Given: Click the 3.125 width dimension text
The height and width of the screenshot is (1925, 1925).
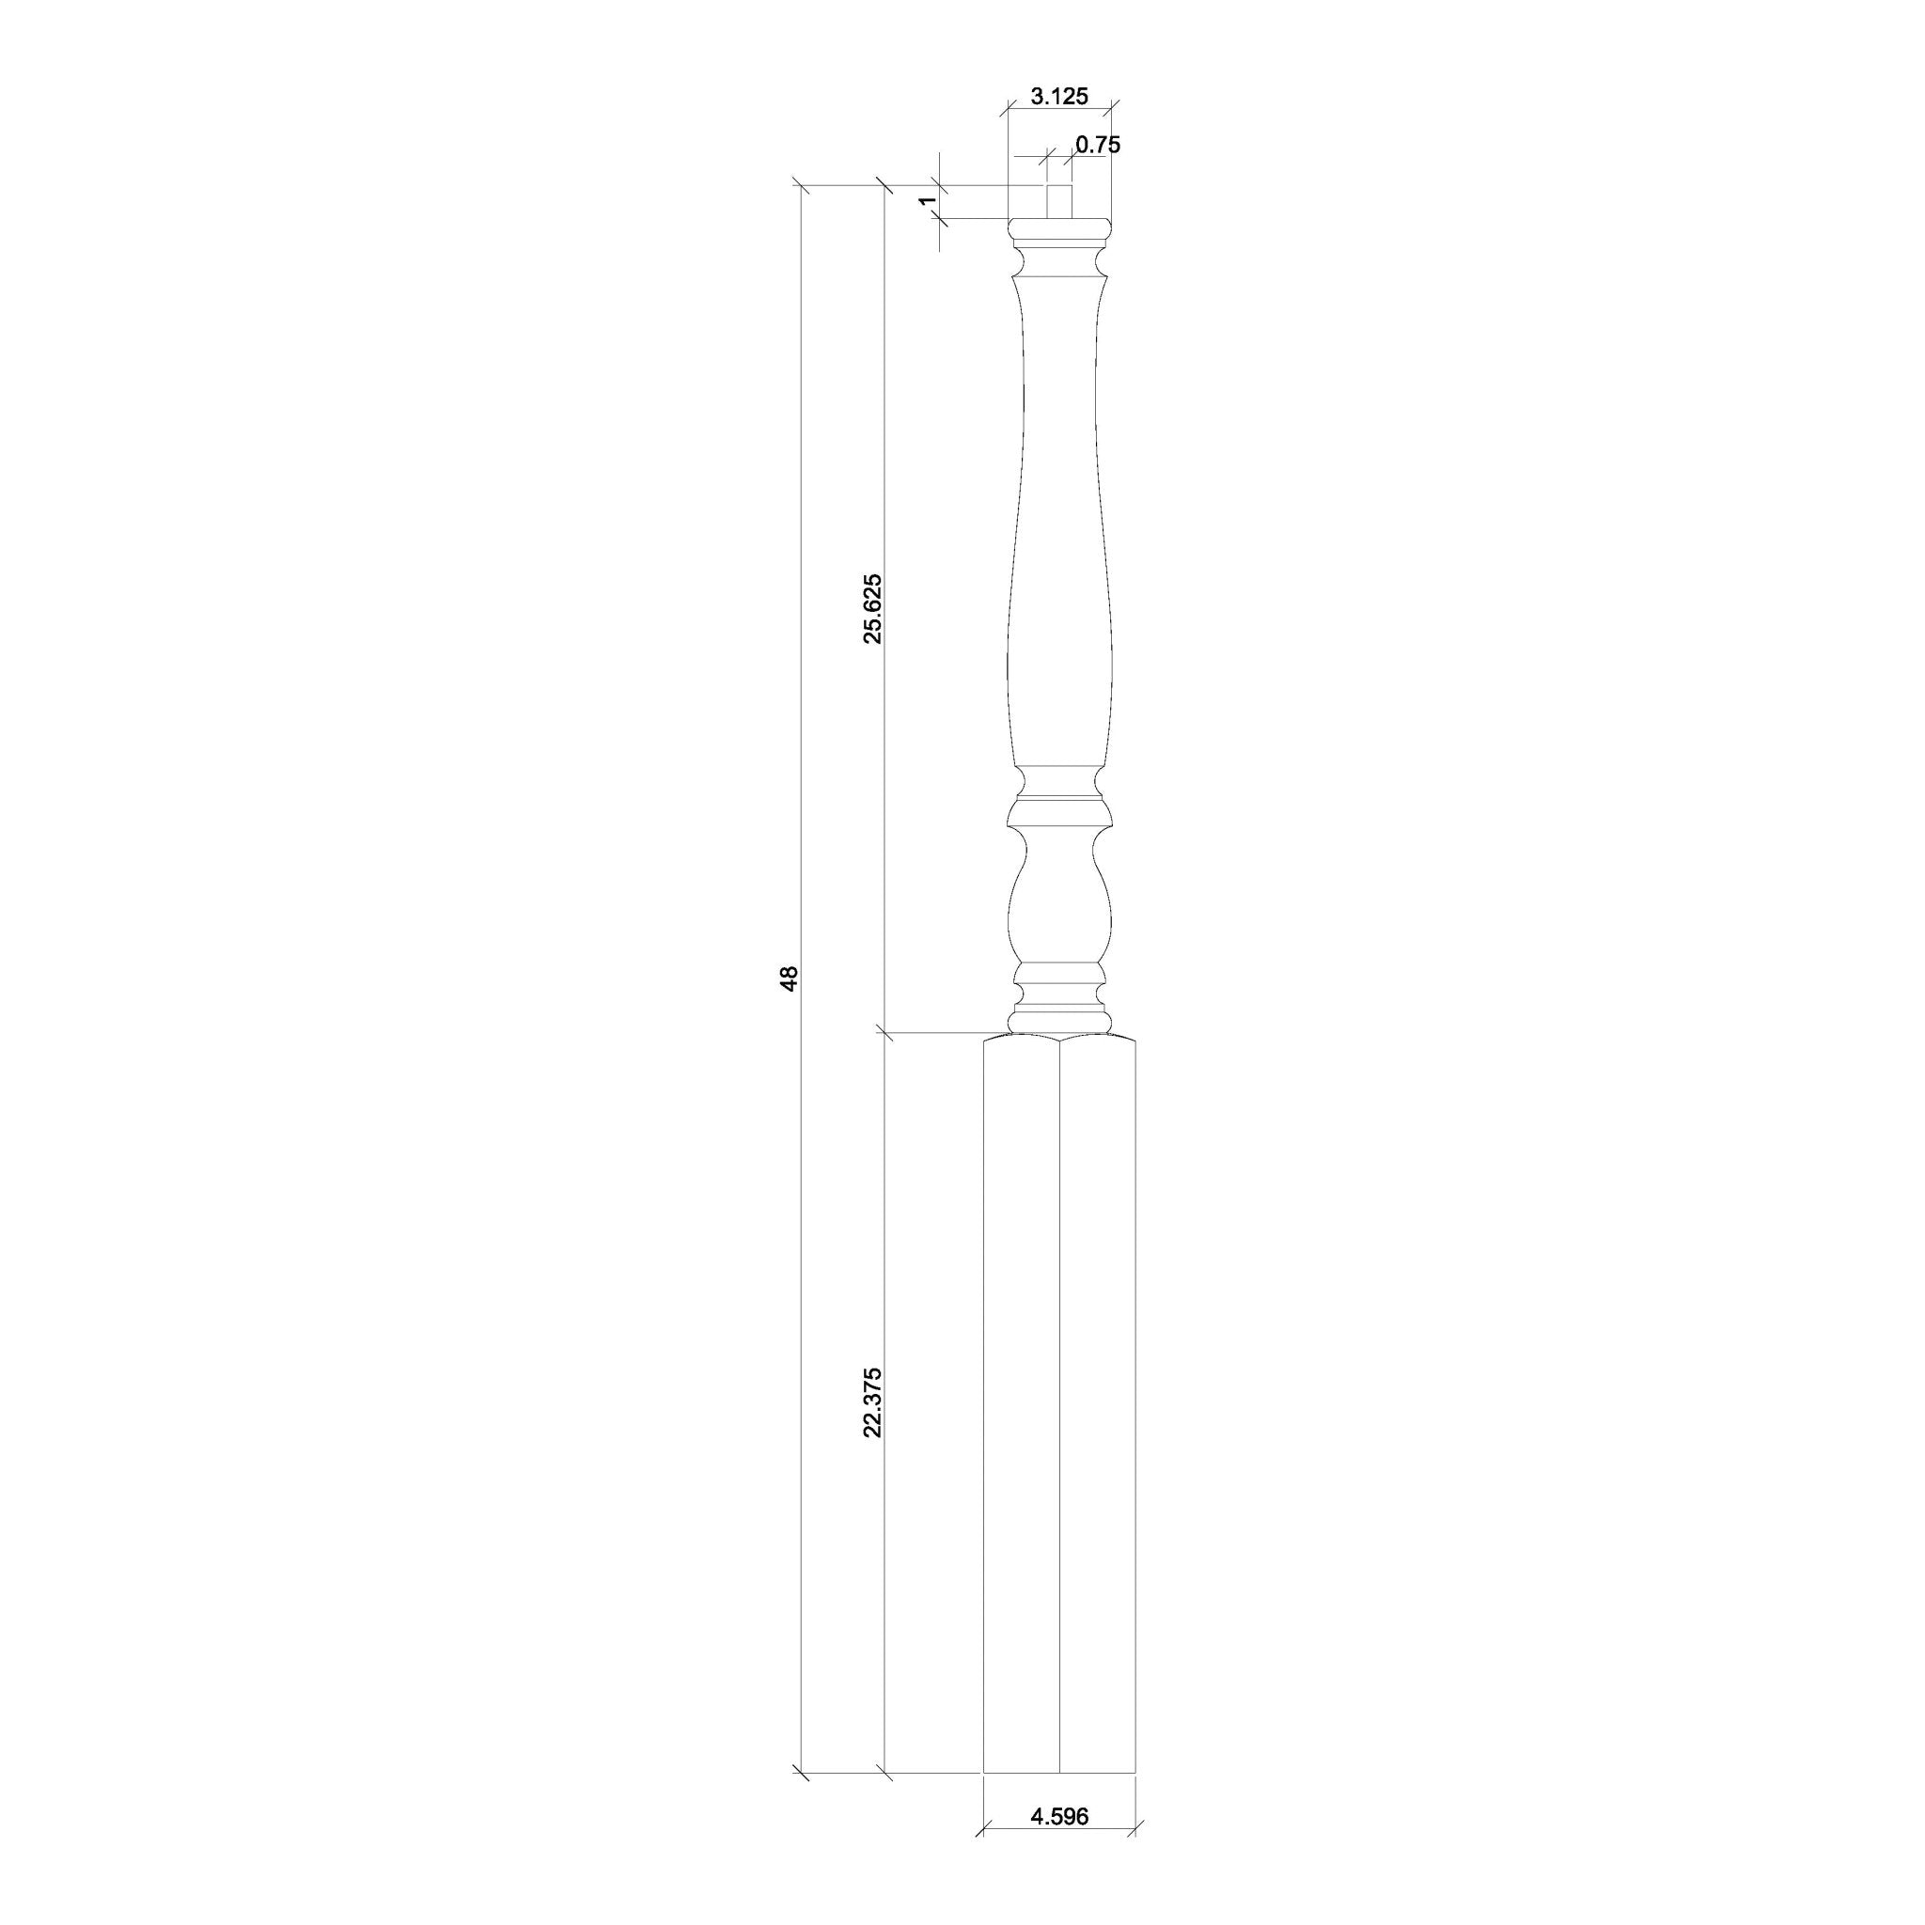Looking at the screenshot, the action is [1059, 97].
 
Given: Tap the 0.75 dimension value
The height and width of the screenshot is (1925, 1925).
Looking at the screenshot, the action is [1098, 145].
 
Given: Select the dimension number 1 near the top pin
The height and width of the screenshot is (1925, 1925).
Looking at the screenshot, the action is [927, 201].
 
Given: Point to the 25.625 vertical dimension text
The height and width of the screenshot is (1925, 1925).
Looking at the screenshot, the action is [873, 609].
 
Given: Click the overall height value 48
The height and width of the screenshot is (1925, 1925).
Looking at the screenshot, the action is [790, 978].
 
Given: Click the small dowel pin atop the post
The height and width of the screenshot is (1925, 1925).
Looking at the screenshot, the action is [1059, 201].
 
